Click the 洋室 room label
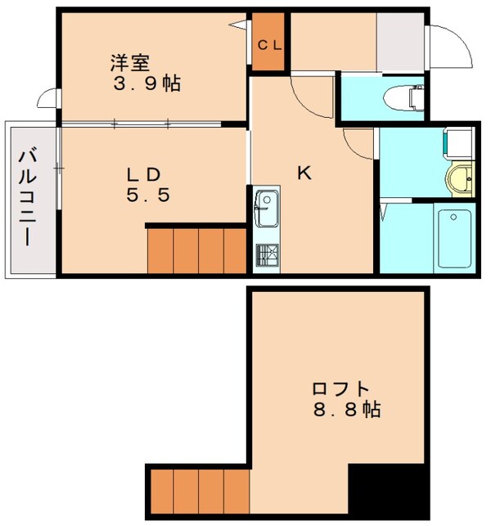tap(131, 61)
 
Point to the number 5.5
tap(147, 196)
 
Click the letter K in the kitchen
tap(304, 173)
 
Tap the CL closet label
tap(270, 45)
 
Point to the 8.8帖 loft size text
tap(345, 410)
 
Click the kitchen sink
tap(267, 208)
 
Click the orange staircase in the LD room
tap(196, 250)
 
